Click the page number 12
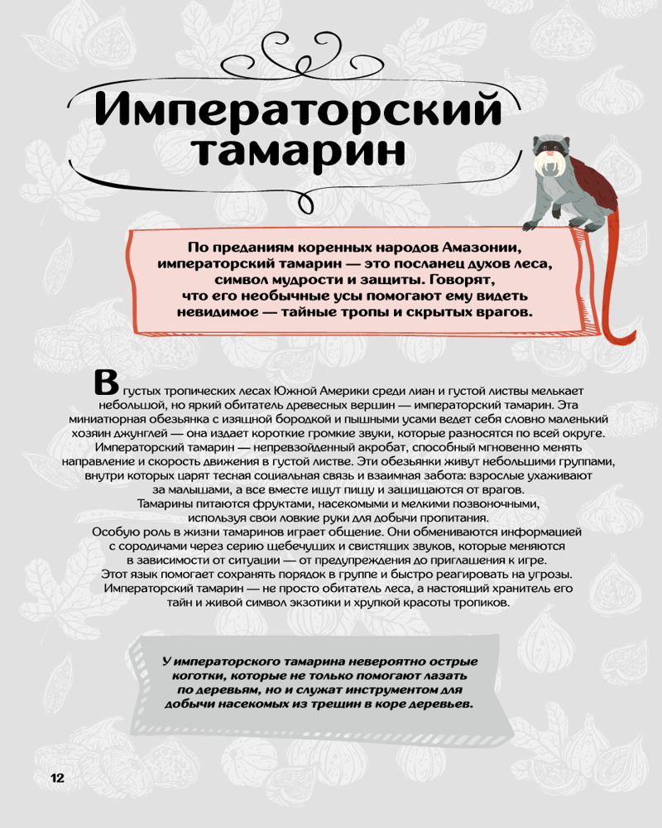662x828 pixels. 57,777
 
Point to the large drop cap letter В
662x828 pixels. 106,382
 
